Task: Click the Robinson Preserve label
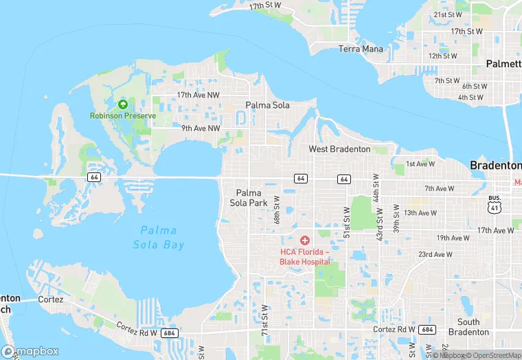click(123, 115)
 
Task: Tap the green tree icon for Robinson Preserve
click(123, 104)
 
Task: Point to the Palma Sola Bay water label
click(159, 237)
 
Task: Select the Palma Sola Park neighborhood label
click(251, 197)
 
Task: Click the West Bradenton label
click(339, 149)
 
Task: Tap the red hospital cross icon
click(305, 240)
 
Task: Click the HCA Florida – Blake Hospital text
click(305, 256)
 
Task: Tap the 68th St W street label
click(277, 209)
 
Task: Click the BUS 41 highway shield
click(495, 204)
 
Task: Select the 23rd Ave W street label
click(435, 254)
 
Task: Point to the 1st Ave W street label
click(420, 164)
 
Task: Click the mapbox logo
click(31, 351)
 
